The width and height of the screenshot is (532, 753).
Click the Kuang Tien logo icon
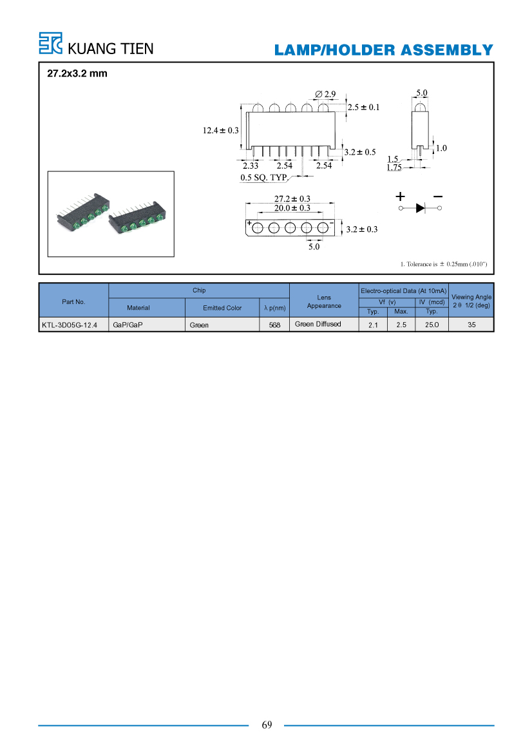point(50,43)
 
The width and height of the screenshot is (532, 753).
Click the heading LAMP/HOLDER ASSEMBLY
point(384,50)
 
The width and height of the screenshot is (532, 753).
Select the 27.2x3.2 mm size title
point(77,73)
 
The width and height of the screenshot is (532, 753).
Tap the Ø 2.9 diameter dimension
point(325,94)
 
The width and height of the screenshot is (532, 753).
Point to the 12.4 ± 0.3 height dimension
point(220,130)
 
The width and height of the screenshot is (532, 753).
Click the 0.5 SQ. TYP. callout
point(263,177)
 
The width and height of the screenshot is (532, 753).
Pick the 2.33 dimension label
point(250,166)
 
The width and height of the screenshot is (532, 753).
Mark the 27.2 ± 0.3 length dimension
point(292,198)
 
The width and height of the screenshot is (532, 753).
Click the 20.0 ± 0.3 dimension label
point(292,208)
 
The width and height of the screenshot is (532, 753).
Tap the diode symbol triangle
point(421,208)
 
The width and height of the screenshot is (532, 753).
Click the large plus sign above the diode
point(401,196)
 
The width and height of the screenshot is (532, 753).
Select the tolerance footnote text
point(444,264)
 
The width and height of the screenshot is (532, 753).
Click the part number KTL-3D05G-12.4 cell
point(69,325)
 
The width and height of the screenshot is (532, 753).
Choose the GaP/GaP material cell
point(128,325)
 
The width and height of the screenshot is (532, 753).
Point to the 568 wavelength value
point(274,325)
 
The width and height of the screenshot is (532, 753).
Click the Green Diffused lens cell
point(318,324)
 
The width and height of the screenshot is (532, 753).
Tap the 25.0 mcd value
point(432,325)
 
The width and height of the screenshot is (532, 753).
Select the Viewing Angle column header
point(471,301)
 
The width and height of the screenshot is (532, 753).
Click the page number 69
point(267,725)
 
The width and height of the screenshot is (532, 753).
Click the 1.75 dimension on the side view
point(394,167)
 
